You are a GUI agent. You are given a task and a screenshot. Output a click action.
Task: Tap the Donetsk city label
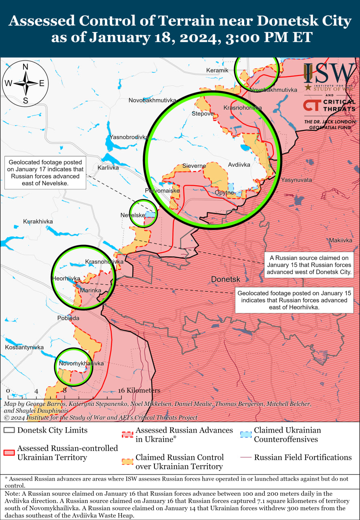click(x=226, y=279)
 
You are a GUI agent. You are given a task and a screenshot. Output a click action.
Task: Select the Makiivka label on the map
click(x=340, y=240)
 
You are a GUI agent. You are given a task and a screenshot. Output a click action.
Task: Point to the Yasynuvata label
click(x=296, y=180)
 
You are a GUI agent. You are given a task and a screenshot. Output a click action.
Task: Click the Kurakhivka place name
click(x=38, y=221)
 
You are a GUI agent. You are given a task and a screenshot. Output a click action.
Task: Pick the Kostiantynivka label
click(x=24, y=347)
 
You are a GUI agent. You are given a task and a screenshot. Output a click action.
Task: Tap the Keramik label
click(x=217, y=70)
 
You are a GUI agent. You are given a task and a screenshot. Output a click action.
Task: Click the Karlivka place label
click(x=108, y=167)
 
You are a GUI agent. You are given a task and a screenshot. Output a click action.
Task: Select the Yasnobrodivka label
click(x=128, y=137)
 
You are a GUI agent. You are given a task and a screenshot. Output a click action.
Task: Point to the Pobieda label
click(x=68, y=318)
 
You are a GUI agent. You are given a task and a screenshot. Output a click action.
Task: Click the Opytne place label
click(x=225, y=193)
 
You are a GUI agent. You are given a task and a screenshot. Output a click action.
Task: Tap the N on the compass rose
click(x=25, y=67)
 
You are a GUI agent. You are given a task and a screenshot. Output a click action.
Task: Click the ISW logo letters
click(x=329, y=74)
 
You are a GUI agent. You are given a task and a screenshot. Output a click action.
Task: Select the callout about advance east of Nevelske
click(x=45, y=173)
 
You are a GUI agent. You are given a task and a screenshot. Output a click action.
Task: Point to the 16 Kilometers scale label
click(x=139, y=390)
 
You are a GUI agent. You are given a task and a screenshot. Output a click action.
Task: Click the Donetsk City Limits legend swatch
click(x=9, y=430)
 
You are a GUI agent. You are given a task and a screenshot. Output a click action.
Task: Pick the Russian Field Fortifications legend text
click(x=303, y=457)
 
